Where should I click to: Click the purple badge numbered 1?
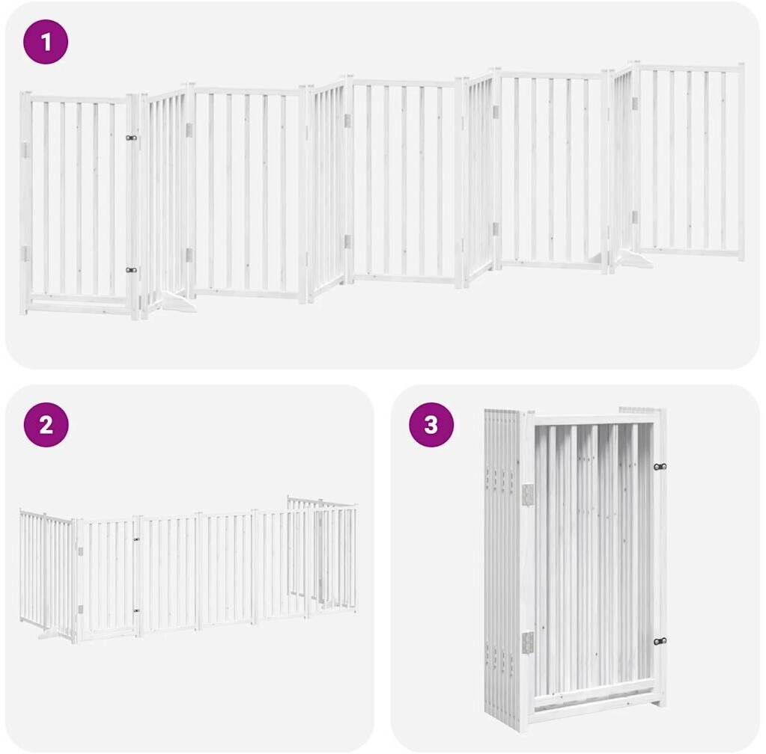click(46, 42)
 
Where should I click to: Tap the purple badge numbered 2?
click(46, 425)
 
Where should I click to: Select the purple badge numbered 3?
click(431, 425)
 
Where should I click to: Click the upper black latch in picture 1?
click(131, 138)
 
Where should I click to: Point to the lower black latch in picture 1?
click(131, 270)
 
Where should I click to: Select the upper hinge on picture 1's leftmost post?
click(25, 150)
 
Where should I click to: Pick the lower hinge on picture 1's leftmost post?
click(25, 254)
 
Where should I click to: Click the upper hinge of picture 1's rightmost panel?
click(635, 103)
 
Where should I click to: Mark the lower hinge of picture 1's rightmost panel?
click(634, 217)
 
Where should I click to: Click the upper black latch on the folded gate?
click(660, 467)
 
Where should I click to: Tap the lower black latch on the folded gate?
click(660, 641)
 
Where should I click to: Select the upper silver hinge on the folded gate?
click(528, 495)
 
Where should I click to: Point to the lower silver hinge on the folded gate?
click(528, 641)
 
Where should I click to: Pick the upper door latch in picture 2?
click(136, 540)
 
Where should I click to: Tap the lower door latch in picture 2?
click(136, 610)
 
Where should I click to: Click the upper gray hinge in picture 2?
click(80, 551)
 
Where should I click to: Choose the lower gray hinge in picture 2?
click(80, 609)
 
